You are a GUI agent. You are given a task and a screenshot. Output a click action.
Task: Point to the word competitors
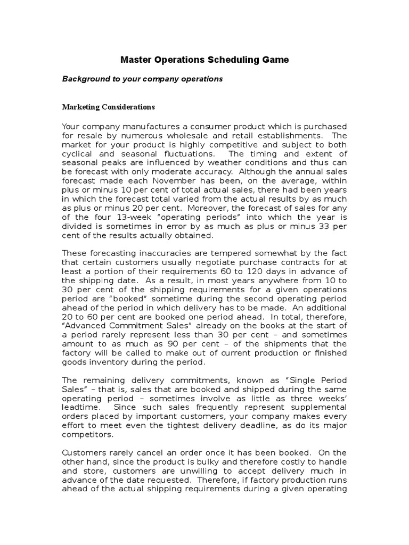tap(86, 435)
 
